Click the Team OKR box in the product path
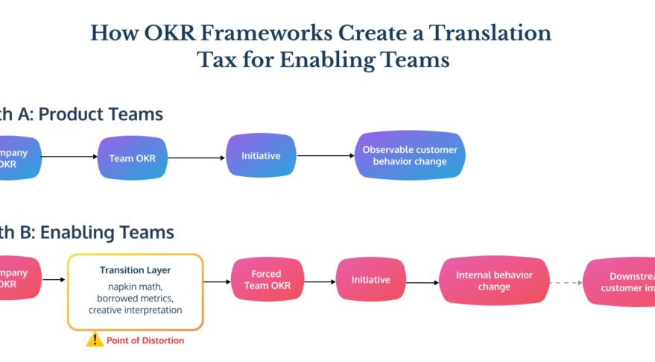tap(132, 157)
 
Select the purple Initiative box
tap(261, 156)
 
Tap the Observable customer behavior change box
tap(410, 156)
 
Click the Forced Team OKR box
tap(266, 280)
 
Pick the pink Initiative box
tap(371, 280)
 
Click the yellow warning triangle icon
tap(95, 340)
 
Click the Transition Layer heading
tap(135, 269)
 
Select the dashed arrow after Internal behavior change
tap(567, 283)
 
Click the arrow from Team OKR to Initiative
tap(195, 157)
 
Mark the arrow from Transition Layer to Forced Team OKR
tap(217, 281)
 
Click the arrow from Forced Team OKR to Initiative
tap(319, 281)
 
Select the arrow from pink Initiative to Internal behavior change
tap(423, 283)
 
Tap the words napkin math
tap(135, 287)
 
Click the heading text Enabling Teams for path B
tap(107, 232)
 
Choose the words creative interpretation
tap(135, 310)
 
